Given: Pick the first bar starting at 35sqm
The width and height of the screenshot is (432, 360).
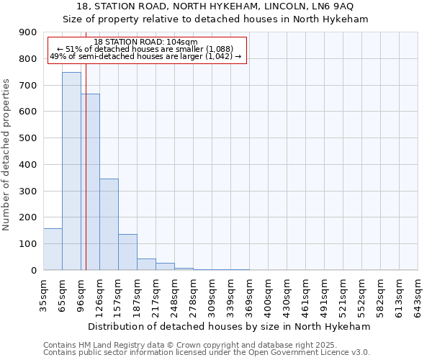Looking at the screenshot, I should [53, 249].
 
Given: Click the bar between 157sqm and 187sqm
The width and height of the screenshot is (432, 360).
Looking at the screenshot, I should [127, 252].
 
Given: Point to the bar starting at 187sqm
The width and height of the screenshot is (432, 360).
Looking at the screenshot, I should [146, 264].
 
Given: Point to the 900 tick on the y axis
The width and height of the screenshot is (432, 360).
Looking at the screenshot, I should [28, 32].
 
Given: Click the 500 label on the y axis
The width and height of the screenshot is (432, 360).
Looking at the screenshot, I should [28, 138].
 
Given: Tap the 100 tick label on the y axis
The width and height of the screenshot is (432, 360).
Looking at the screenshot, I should [28, 244].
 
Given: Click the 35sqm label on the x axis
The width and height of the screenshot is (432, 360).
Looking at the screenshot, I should [43, 297].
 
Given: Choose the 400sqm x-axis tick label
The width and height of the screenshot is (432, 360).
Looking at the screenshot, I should [268, 297].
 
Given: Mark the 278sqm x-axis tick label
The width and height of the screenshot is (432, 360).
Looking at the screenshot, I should [193, 297].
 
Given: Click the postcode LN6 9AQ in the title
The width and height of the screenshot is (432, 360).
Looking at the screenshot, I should [332, 6].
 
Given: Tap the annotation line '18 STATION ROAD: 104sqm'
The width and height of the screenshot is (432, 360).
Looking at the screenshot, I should [146, 42].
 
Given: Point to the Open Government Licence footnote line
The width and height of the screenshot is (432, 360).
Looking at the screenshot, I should [207, 353].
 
